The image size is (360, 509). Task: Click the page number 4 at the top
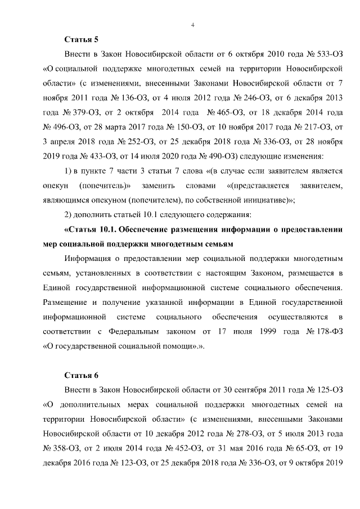coord(192,25)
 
